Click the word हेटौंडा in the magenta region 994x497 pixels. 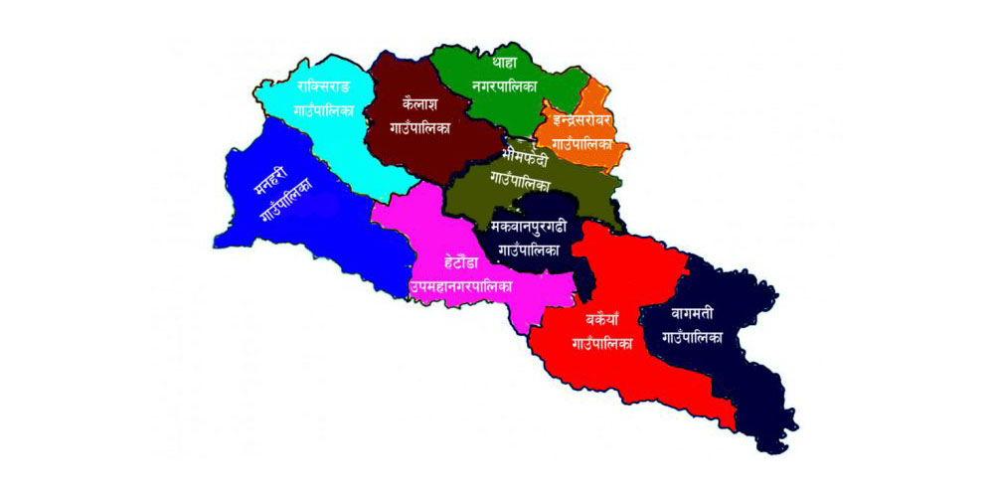460,263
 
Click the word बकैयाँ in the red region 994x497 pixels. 603,321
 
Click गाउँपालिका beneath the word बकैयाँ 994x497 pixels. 603,345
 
